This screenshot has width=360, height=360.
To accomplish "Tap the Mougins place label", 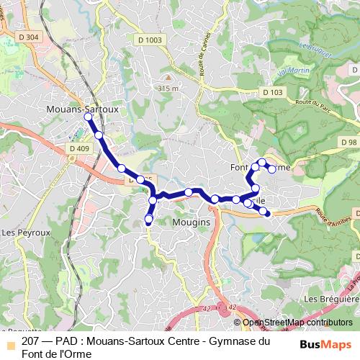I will (192, 222).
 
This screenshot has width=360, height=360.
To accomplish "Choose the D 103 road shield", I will (272, 92).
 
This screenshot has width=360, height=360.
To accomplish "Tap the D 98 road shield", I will (347, 142).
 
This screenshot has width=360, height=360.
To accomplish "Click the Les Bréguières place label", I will (331, 298).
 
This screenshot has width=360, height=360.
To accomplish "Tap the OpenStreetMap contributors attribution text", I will (298, 323).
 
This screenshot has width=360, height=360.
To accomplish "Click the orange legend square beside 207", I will (9, 341).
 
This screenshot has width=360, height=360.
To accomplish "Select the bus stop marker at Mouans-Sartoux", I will (88, 117).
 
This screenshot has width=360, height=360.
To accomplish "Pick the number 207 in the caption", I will (30, 341).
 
